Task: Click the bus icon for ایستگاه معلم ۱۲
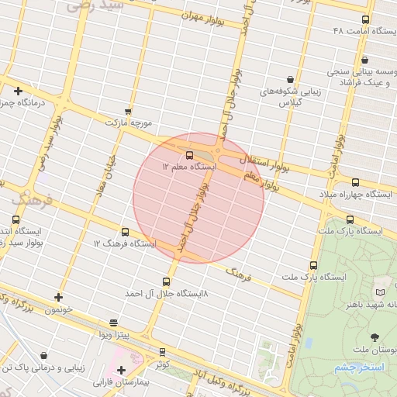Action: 190,154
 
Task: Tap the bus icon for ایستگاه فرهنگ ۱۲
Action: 125,232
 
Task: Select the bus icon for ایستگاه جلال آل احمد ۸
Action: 166,281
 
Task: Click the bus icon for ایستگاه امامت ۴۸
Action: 365,19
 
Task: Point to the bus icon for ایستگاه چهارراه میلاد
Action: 355,182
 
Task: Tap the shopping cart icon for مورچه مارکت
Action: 128,112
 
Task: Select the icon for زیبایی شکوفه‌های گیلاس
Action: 290,79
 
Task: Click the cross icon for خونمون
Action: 58,297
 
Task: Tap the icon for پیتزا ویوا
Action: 114,322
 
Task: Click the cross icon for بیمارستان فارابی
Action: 121,370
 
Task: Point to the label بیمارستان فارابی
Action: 120,382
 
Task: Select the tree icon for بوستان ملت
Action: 375,337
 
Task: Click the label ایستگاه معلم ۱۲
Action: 189,167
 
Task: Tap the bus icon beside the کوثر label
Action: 162,351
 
